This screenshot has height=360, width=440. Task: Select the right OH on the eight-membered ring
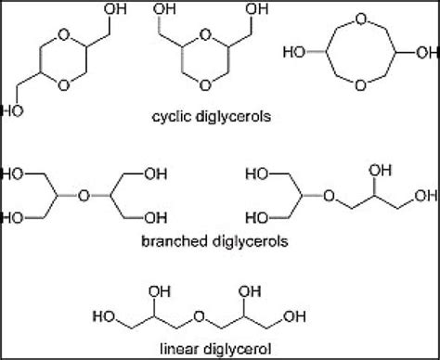pos(414,69)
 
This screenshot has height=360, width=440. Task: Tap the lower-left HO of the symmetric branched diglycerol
pos(16,220)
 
